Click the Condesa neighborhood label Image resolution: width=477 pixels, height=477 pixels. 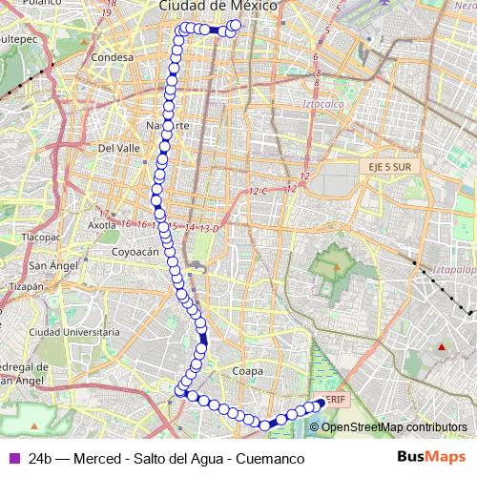tap(112, 57)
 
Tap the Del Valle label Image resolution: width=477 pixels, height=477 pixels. tap(119, 149)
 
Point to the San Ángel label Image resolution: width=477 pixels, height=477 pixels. tap(47, 265)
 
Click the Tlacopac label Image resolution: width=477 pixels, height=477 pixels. tap(41, 235)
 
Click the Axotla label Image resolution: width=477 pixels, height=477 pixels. tap(101, 225)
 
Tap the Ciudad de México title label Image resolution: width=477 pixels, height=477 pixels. tap(218, 6)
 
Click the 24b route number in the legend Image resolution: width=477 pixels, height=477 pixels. tap(40, 458)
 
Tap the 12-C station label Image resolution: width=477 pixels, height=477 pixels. tap(259, 193)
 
